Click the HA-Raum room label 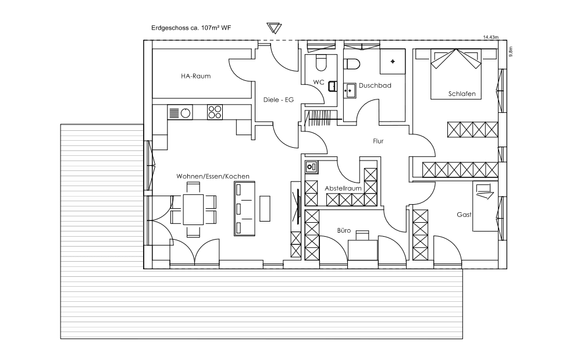coord(195,76)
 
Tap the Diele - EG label coord(278,99)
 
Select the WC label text coord(319,82)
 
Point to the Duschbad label coord(375,85)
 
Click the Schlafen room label coord(462,94)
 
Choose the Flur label coord(378,141)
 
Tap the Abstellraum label coord(343,188)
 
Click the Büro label coord(344,230)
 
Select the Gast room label coord(464,215)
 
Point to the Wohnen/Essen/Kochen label coord(212,176)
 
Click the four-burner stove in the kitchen coord(215,112)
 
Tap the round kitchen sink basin coord(186,113)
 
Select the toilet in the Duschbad coord(351,64)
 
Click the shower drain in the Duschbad coord(393,62)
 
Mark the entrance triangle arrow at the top coord(274,28)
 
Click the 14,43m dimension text coord(490,37)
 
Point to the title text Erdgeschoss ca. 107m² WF coord(191,28)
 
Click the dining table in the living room coord(194,209)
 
